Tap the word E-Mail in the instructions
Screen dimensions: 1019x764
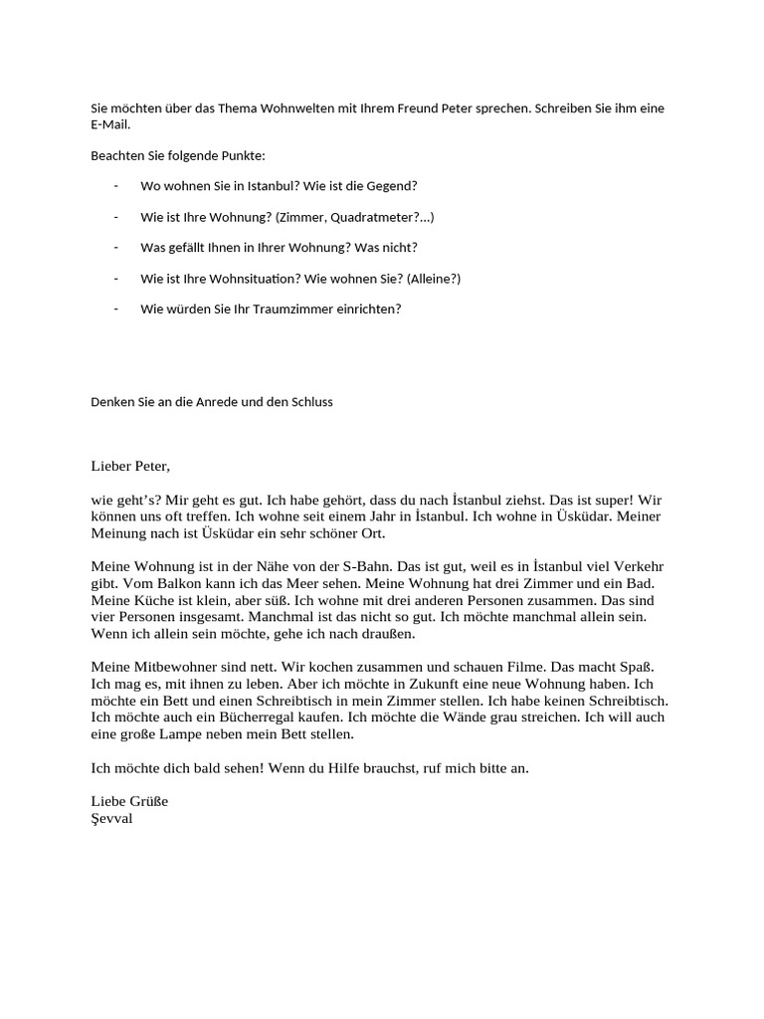point(109,125)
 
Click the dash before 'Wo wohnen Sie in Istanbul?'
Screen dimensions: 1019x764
point(116,186)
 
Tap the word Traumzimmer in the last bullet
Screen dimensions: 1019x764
point(300,308)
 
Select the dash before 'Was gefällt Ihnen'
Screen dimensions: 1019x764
point(116,248)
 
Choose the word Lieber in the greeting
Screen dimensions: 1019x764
point(112,465)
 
